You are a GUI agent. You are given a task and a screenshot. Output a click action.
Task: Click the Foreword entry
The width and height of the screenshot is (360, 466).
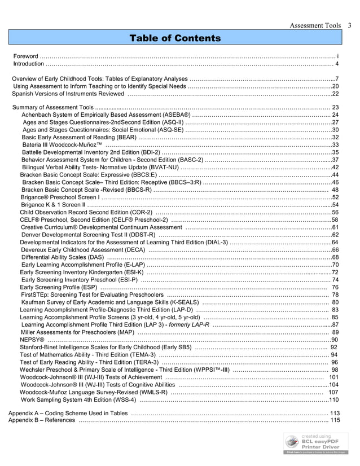[26, 56]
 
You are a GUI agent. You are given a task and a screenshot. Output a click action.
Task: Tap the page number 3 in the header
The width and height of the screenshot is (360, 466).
[350, 25]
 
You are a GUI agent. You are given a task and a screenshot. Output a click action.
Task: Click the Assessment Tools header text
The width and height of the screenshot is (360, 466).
[315, 25]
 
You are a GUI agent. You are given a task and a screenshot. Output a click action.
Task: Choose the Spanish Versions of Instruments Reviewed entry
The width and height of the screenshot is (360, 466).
[68, 94]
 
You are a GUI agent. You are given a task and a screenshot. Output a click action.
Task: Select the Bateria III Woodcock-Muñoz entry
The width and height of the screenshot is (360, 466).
[62, 145]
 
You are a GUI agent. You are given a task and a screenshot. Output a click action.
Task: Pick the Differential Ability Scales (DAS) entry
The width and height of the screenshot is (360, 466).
[62, 257]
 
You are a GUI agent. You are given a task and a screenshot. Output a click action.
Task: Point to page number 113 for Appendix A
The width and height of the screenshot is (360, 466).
[334, 413]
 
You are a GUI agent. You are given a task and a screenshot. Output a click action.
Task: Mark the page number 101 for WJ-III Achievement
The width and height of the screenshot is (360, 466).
[333, 377]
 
